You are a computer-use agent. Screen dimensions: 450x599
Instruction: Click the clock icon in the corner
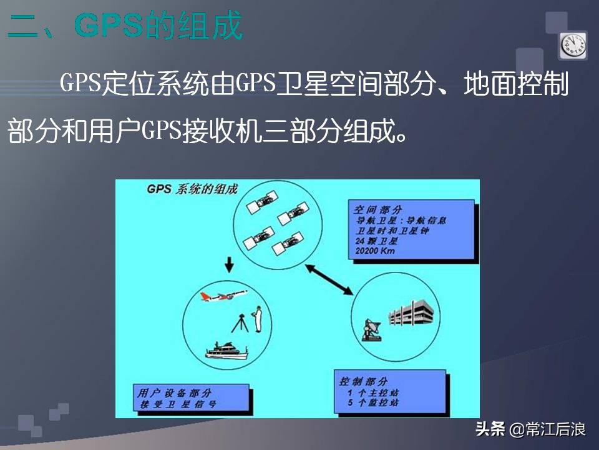pos(573,44)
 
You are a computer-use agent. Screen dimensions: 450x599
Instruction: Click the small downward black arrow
pos(229,266)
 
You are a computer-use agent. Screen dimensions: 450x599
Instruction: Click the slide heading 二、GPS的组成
pos(125,26)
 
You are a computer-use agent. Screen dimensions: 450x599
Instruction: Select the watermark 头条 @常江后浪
pos(530,429)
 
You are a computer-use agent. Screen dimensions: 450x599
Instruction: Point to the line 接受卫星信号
pos(177,404)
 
